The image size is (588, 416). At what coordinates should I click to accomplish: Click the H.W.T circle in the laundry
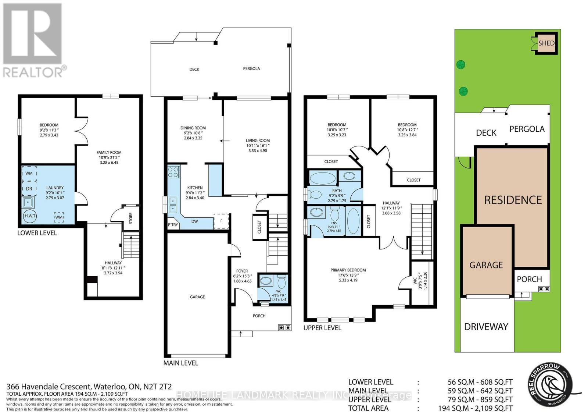[30, 216]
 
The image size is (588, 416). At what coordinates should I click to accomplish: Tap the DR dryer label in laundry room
[29, 189]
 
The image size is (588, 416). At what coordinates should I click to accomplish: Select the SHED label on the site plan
[546, 43]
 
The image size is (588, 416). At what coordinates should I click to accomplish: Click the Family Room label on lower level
[109, 152]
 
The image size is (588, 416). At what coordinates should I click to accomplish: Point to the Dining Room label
[193, 128]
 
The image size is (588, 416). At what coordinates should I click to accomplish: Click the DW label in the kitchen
[195, 221]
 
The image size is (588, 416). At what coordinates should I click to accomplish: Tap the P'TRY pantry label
[173, 225]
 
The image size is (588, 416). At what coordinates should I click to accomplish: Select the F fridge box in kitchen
[221, 221]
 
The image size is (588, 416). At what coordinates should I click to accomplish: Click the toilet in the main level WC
[282, 282]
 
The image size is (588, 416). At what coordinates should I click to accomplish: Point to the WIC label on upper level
[415, 281]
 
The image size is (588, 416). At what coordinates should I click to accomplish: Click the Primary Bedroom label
[348, 270]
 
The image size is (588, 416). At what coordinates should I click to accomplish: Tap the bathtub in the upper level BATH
[322, 179]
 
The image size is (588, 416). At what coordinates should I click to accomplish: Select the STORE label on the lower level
[131, 218]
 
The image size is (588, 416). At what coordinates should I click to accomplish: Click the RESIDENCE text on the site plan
[513, 200]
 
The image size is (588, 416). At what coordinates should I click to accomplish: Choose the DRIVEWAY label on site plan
[486, 327]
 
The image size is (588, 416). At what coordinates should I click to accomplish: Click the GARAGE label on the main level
[197, 297]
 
